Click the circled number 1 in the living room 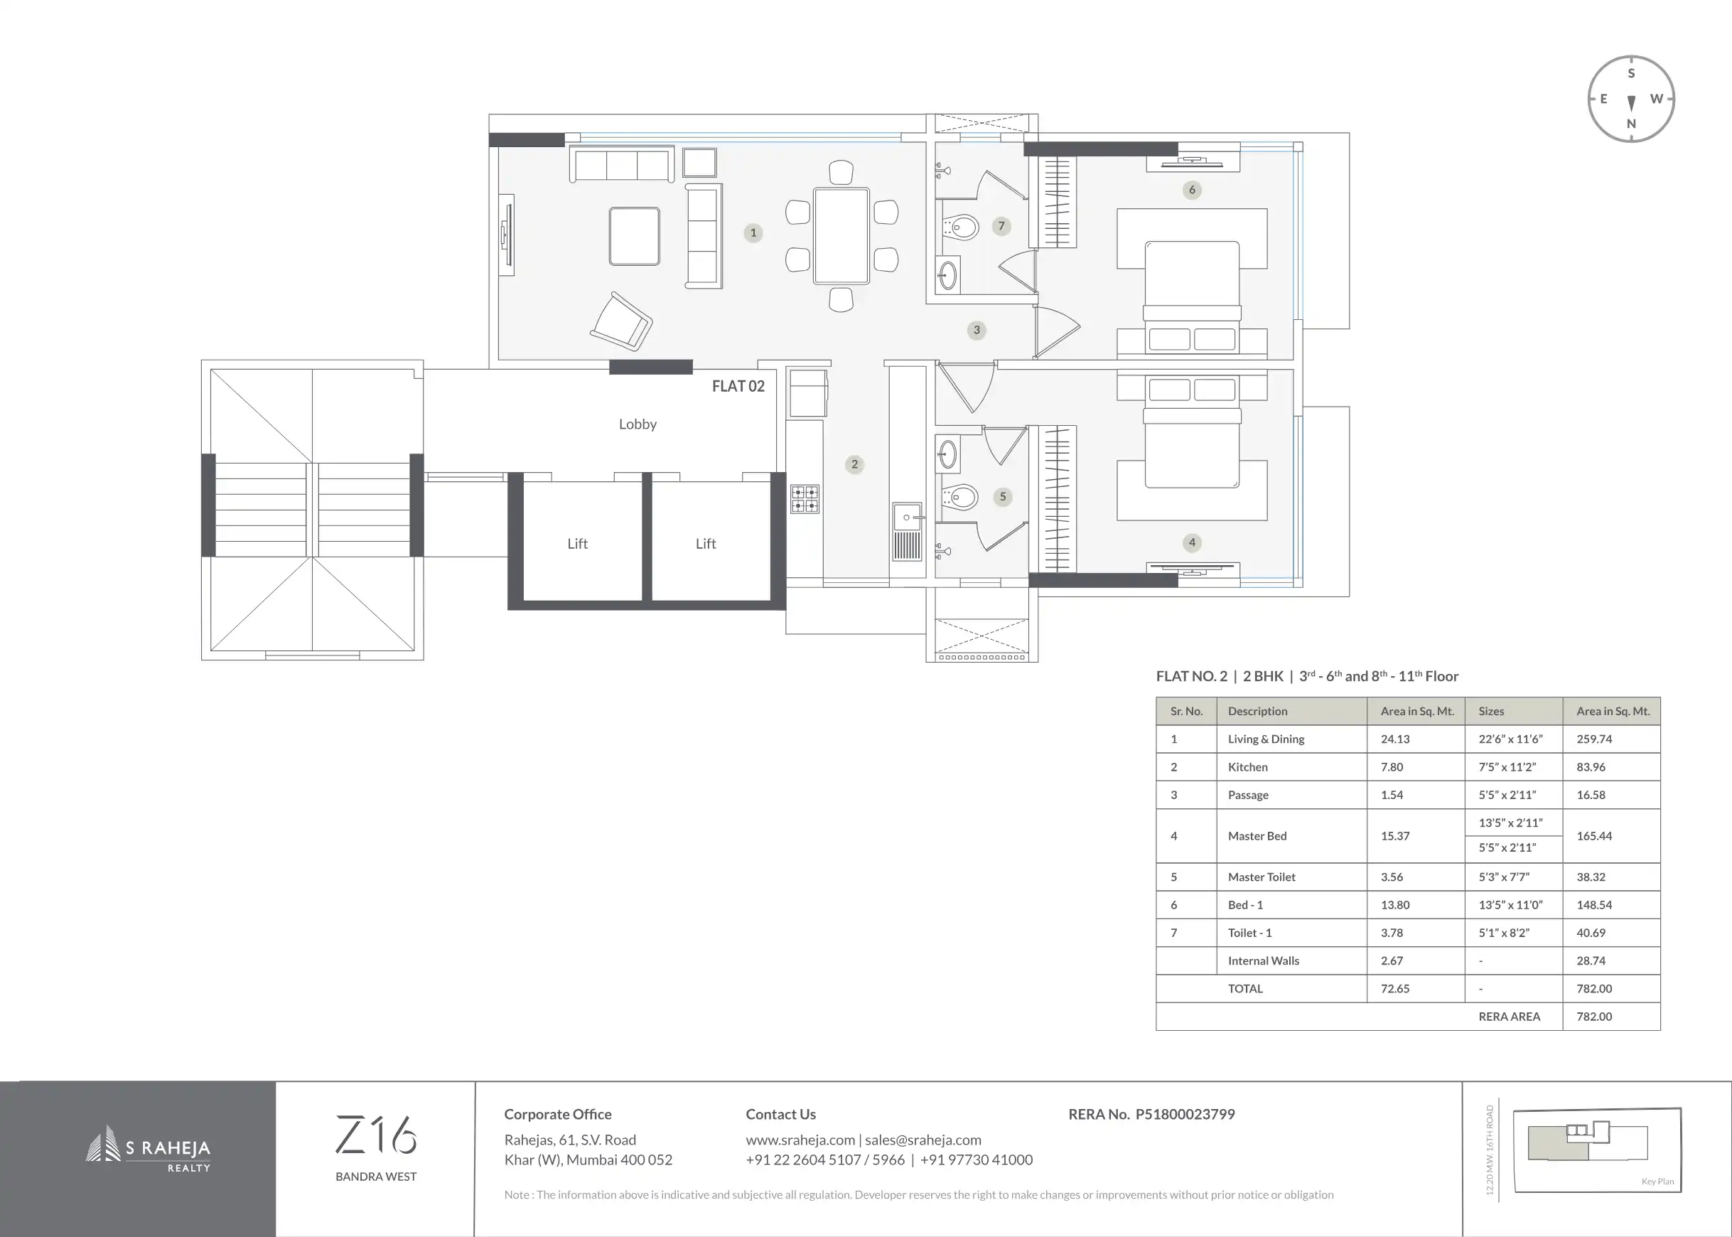(x=753, y=233)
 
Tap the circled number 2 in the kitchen (x=854, y=464)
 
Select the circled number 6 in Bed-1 (x=1191, y=190)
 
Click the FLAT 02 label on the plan (x=738, y=386)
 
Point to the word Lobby (x=638, y=424)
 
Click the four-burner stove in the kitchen (x=805, y=498)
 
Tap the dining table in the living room (x=841, y=235)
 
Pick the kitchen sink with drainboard (x=907, y=532)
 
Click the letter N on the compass (x=1631, y=124)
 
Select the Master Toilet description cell (x=1262, y=877)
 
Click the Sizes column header (x=1490, y=712)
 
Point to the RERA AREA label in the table (x=1509, y=1016)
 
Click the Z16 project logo (x=375, y=1135)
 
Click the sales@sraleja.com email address (x=923, y=1140)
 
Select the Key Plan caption (x=1657, y=1182)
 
